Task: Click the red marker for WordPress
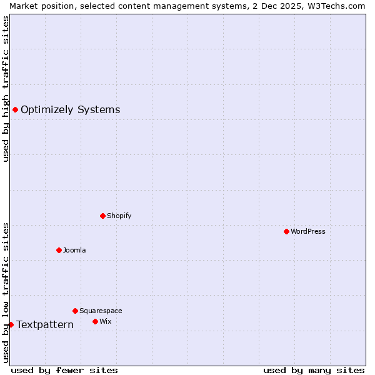pyautogui.click(x=286, y=231)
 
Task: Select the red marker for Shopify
pyautogui.click(x=102, y=216)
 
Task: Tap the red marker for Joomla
pyautogui.click(x=59, y=250)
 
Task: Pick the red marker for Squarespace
pyautogui.click(x=75, y=311)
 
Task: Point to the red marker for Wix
pyautogui.click(x=95, y=321)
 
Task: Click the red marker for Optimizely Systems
pyautogui.click(x=15, y=110)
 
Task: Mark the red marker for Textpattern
pyautogui.click(x=11, y=324)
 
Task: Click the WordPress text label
pyautogui.click(x=308, y=231)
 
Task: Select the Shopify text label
pyautogui.click(x=119, y=216)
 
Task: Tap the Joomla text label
pyautogui.click(x=74, y=250)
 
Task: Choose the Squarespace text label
pyautogui.click(x=101, y=311)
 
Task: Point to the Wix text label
pyautogui.click(x=106, y=321)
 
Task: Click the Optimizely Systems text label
pyautogui.click(x=71, y=110)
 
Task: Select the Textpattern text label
pyautogui.click(x=45, y=324)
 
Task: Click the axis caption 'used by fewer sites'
pyautogui.click(x=64, y=370)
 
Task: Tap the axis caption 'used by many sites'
pyautogui.click(x=314, y=370)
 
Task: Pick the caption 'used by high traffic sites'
pyautogui.click(x=6, y=89)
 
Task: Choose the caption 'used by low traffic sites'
pyautogui.click(x=6, y=292)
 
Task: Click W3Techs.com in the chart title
pyautogui.click(x=340, y=6)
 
